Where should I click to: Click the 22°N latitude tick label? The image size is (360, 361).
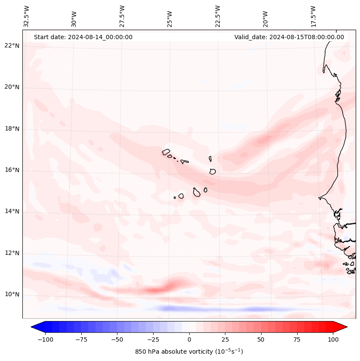click(12, 46)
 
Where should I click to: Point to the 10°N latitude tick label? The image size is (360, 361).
click(12, 295)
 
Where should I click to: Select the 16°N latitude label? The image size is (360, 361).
click(12, 170)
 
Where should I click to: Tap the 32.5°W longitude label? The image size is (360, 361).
click(27, 16)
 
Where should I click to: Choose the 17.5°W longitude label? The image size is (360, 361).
click(313, 16)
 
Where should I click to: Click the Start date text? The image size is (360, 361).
click(83, 37)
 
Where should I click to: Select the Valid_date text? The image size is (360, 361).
click(289, 37)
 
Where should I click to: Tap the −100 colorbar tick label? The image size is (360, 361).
click(43, 339)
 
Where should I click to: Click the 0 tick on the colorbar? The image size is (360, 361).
click(189, 339)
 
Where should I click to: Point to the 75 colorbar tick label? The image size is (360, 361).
click(297, 339)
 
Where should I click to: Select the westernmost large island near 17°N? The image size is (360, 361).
click(166, 152)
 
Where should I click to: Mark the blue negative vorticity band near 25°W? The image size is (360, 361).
click(172, 309)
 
